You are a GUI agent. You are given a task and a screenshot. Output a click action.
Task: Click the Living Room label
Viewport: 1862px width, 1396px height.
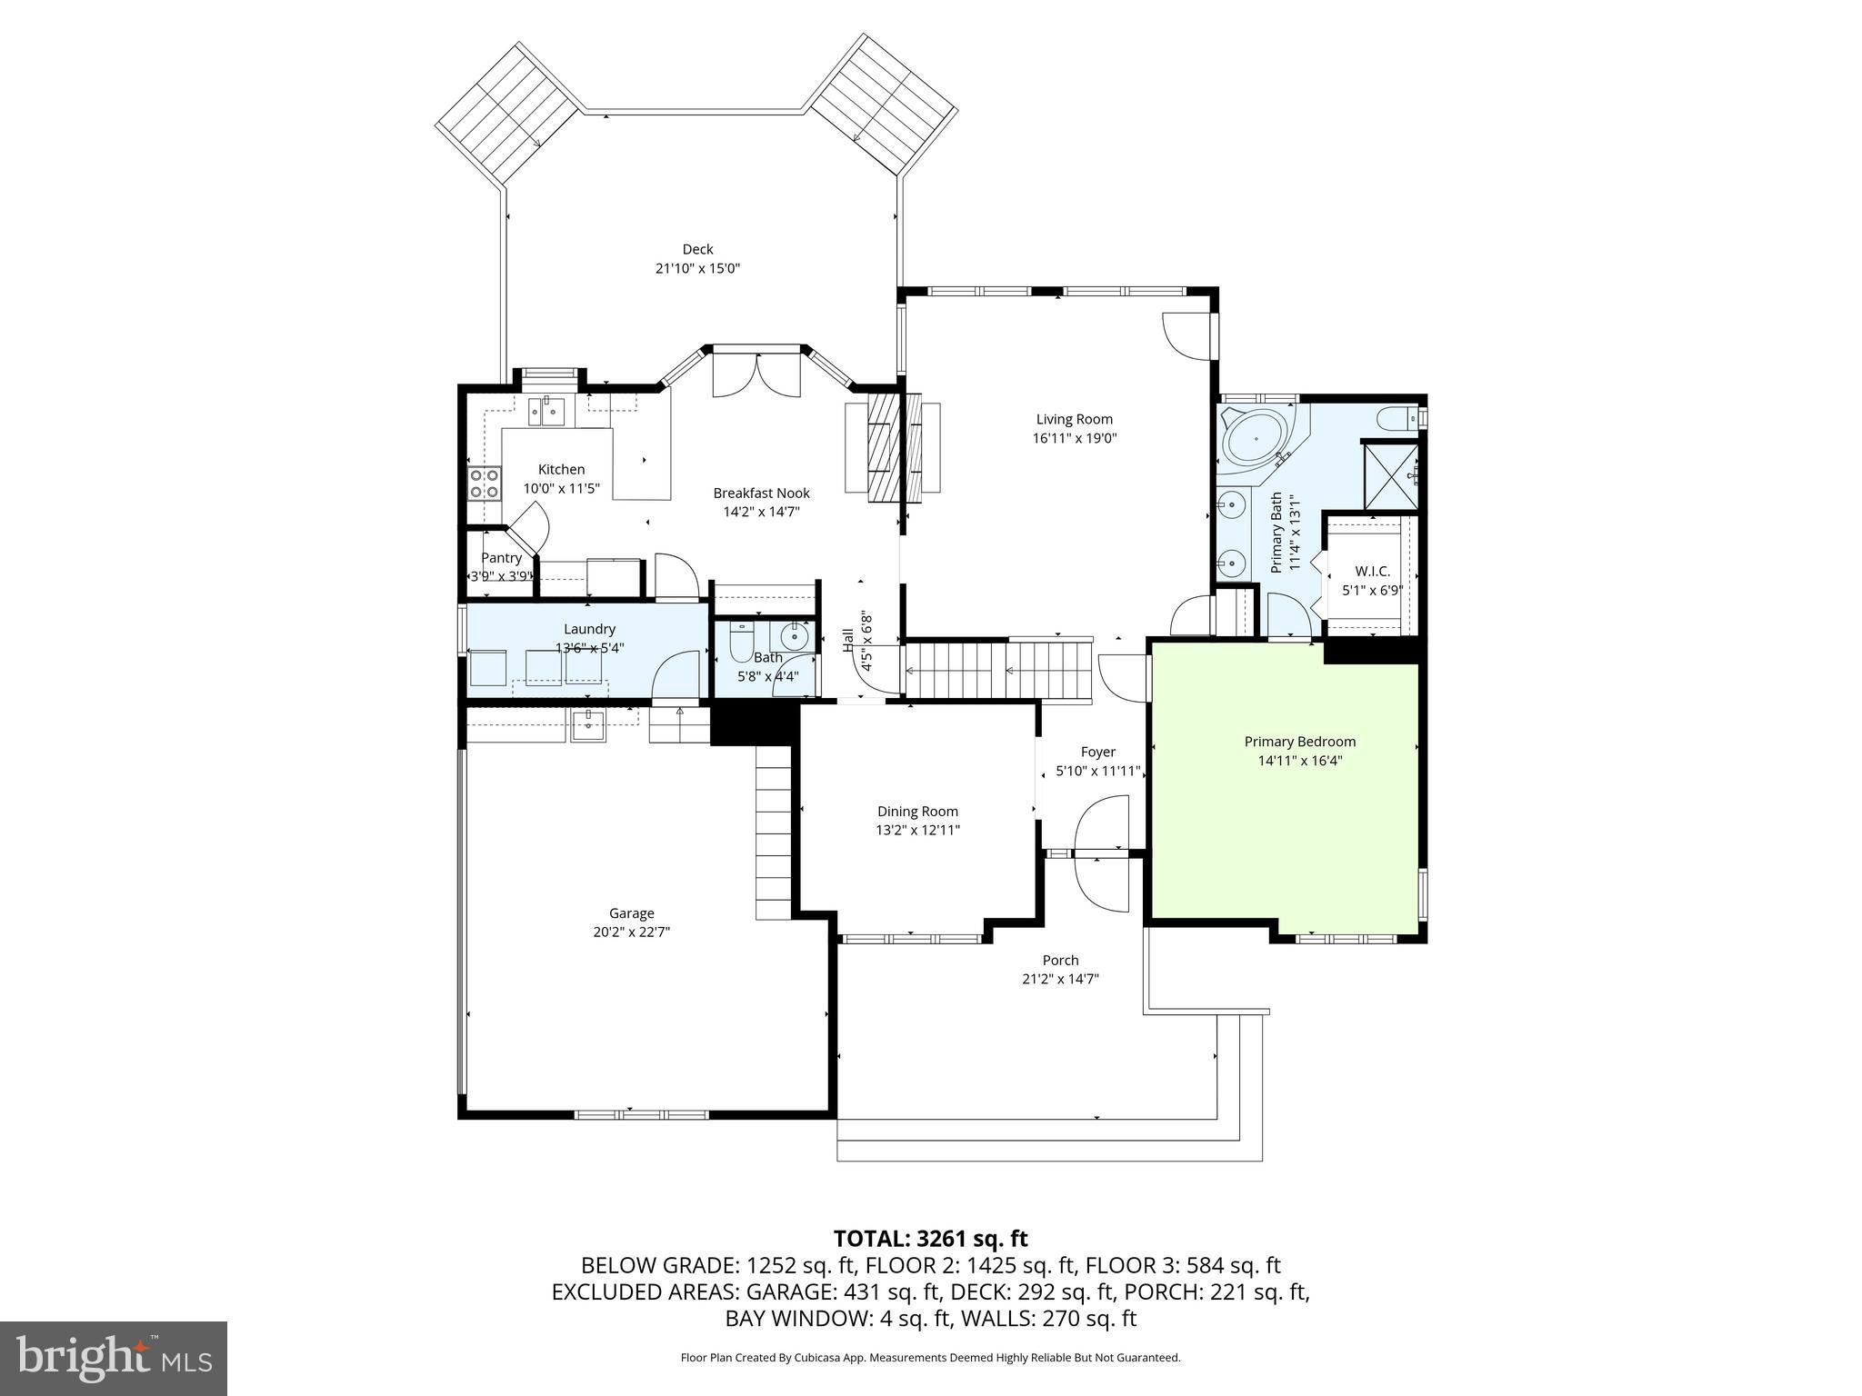1074,419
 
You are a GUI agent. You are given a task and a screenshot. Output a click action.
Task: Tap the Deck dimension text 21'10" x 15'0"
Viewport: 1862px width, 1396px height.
697,268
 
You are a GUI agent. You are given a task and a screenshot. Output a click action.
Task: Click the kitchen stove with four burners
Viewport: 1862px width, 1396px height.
484,483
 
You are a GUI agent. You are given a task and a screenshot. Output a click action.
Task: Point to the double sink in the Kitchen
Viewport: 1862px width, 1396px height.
546,413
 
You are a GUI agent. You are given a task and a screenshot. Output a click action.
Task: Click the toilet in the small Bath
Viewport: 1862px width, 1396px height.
741,643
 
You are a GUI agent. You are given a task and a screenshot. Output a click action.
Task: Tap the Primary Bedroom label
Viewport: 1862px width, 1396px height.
1299,742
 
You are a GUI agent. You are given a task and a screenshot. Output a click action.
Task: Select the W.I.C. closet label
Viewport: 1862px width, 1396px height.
1372,571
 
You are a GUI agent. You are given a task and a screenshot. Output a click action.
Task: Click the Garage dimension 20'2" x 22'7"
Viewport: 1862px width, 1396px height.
631,932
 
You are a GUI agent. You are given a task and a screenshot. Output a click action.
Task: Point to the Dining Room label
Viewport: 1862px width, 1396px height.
917,812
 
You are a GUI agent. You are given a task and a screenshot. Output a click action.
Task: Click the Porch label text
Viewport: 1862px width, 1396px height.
1060,960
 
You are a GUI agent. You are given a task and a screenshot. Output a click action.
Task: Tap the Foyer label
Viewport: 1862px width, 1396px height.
1097,752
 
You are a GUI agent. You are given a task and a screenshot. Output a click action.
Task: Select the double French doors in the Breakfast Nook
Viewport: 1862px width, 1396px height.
756,375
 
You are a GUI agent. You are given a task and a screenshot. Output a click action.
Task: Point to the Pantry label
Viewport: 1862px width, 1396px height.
501,558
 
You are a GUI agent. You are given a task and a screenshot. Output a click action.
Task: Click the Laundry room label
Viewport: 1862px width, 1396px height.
589,629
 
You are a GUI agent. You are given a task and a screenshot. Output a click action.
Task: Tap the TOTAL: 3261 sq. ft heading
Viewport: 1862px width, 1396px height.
930,1238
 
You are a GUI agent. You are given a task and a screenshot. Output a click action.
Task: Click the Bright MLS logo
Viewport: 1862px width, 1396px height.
114,1358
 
